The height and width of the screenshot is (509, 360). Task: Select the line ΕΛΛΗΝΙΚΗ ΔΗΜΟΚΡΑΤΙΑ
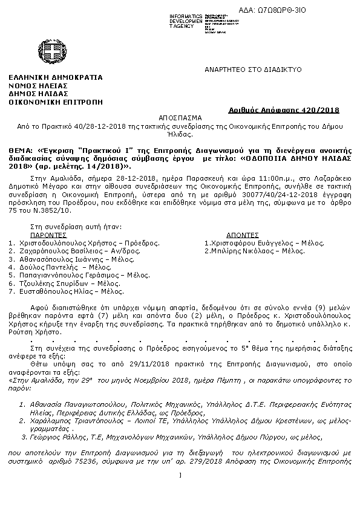(x=56, y=77)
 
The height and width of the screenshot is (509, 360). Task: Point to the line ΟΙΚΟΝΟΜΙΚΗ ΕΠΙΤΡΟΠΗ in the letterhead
(x=51, y=103)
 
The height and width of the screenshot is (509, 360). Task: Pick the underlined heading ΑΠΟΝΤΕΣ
(x=244, y=233)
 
